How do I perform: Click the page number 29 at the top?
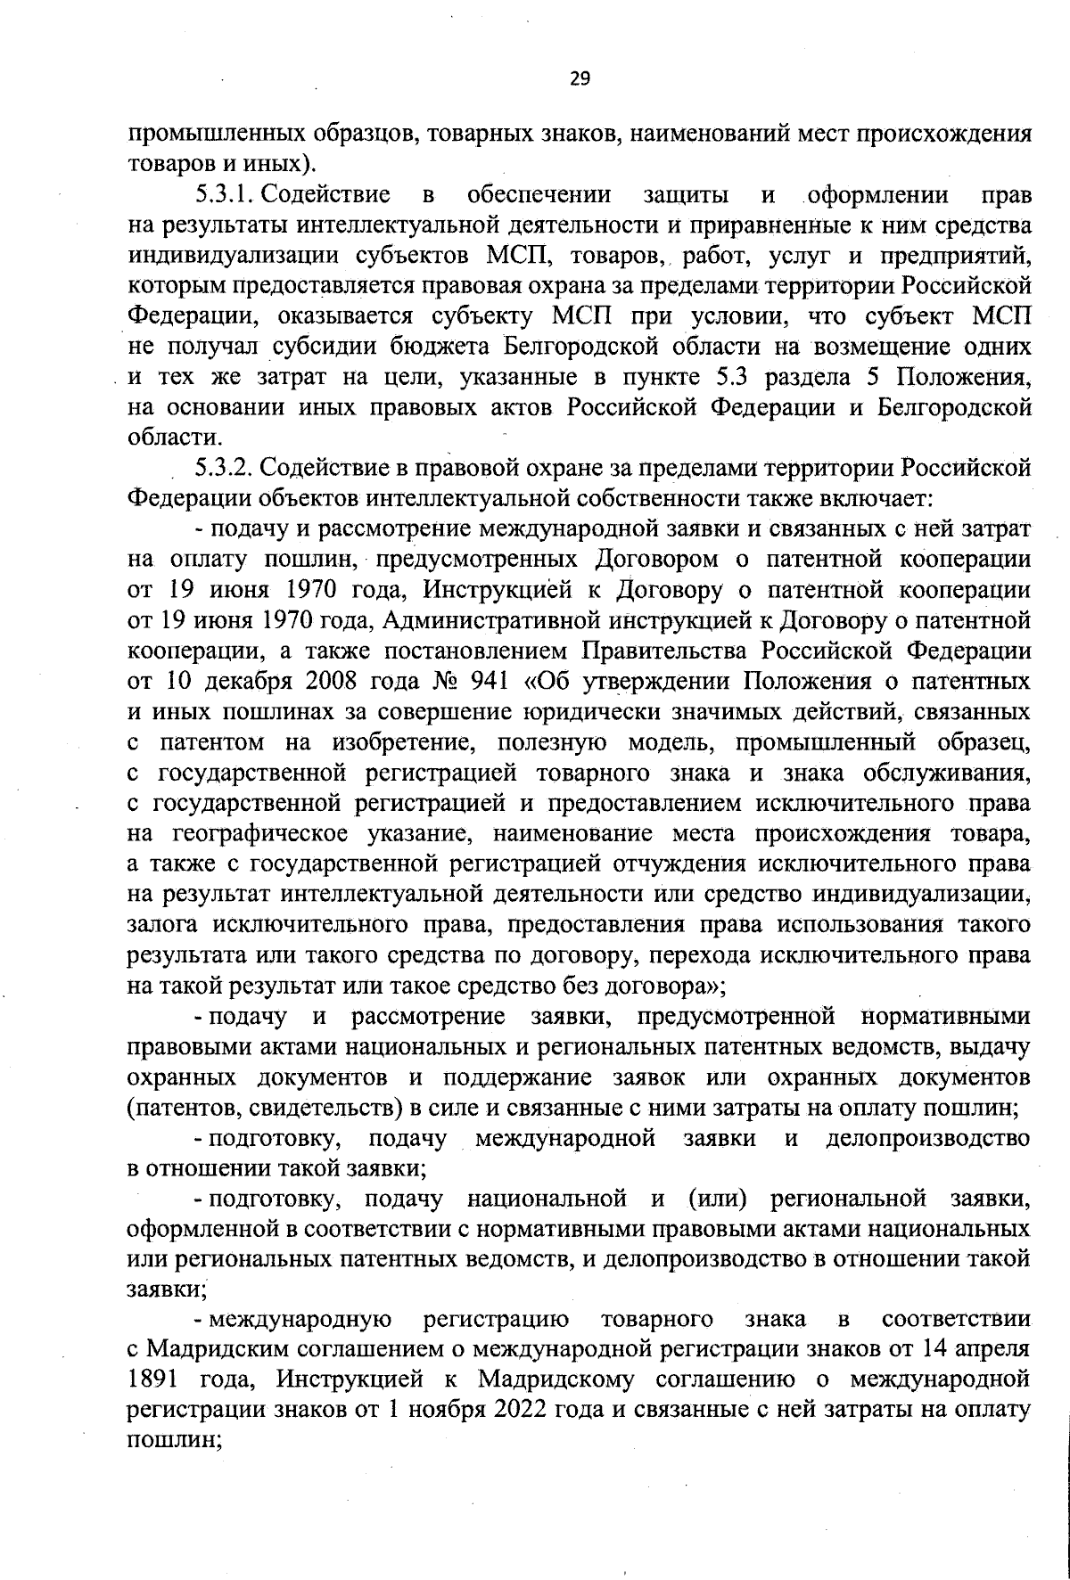click(580, 80)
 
